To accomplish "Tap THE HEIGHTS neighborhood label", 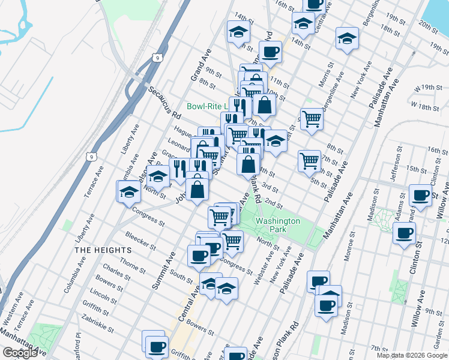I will pyautogui.click(x=103, y=250).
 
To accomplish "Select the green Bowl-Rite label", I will pyautogui.click(x=206, y=106).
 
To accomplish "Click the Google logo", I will pyautogui.click(x=20, y=353).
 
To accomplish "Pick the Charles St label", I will pyautogui.click(x=114, y=268).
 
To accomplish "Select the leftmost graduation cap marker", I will pyautogui.click(x=129, y=192).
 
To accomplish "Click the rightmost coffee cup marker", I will pyautogui.click(x=420, y=194).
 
